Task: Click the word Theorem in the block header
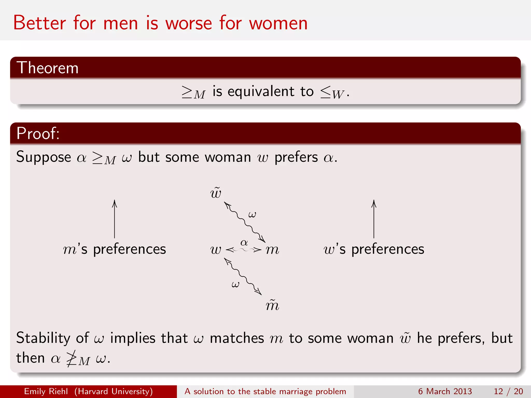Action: [47, 68]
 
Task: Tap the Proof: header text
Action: [38, 133]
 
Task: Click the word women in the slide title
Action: [278, 23]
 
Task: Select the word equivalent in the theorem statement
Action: [261, 91]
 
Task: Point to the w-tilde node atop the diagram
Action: [216, 193]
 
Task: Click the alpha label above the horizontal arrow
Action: [244, 243]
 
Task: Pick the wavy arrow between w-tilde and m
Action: [244, 222]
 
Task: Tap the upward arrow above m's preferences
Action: [114, 219]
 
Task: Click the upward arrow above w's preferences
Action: [374, 219]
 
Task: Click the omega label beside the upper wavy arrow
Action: [252, 214]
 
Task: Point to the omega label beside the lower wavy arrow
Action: [235, 285]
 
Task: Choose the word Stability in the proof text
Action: [43, 338]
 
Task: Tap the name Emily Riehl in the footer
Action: [46, 391]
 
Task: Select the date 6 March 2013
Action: [445, 391]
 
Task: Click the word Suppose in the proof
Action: [44, 157]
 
